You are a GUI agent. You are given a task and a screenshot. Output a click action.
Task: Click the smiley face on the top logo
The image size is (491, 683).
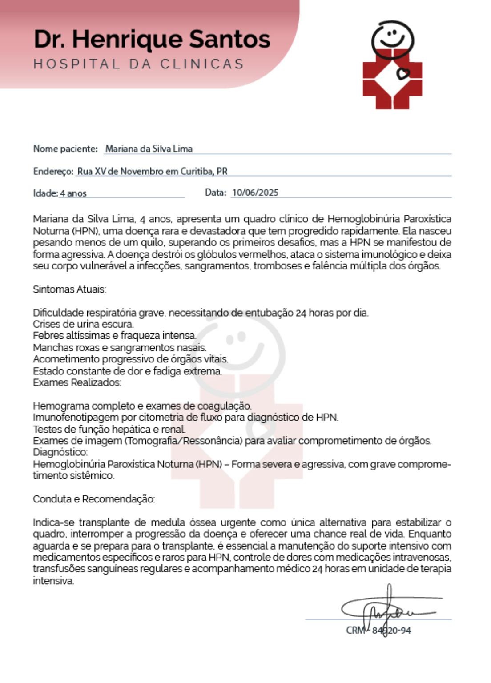click(x=392, y=36)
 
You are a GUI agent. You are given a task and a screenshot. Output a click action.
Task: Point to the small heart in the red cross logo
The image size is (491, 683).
click(x=403, y=73)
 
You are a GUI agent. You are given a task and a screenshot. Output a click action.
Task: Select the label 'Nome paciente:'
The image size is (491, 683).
click(x=65, y=149)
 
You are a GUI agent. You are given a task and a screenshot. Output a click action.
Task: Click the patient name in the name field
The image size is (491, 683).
click(x=149, y=149)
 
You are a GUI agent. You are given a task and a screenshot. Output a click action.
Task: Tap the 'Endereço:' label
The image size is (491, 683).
click(x=53, y=172)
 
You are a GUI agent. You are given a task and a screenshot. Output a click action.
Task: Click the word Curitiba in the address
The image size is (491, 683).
click(x=197, y=172)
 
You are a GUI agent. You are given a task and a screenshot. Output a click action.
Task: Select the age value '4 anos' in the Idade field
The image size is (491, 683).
click(x=73, y=193)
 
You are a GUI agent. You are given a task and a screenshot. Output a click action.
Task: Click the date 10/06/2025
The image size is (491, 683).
click(x=255, y=193)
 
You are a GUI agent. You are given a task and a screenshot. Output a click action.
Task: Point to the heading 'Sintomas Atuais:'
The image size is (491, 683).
click(x=69, y=289)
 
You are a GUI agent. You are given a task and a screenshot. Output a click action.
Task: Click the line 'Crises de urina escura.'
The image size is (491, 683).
click(x=83, y=324)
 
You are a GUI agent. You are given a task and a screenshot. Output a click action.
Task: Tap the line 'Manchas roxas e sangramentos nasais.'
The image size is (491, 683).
click(x=120, y=348)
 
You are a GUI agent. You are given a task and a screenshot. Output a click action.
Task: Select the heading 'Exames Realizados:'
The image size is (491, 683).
click(x=77, y=383)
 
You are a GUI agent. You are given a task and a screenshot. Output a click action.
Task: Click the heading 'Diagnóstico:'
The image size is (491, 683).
click(x=60, y=452)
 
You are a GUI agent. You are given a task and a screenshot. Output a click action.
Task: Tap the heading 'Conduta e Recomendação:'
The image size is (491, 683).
click(x=94, y=499)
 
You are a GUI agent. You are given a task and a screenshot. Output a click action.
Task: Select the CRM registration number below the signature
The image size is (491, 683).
click(x=378, y=631)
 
